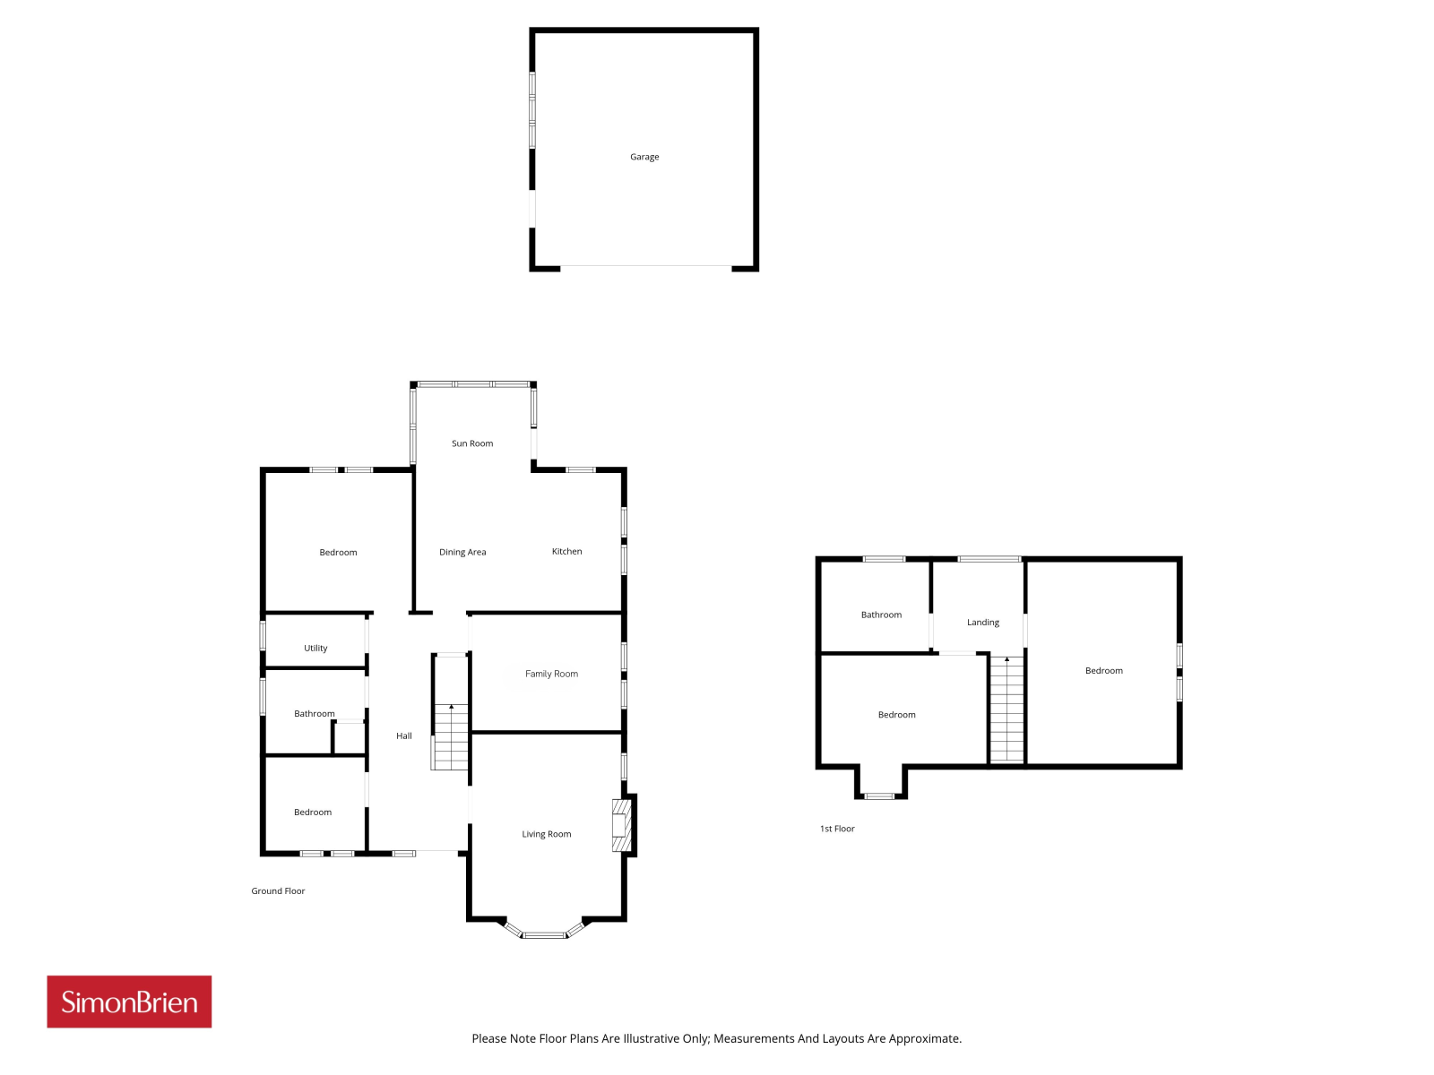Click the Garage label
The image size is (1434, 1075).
[644, 157]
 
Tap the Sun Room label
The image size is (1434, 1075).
[472, 443]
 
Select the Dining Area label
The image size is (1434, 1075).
[462, 552]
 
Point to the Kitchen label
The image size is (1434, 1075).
[567, 552]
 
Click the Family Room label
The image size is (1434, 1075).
[551, 674]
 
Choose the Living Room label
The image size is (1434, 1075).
[546, 834]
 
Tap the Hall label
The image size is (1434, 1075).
[403, 735]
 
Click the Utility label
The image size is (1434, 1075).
[315, 648]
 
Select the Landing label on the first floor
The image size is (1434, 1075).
[983, 623]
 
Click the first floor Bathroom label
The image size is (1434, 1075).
[881, 615]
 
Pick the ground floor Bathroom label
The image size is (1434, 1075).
[315, 713]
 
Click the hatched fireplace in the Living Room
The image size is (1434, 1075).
[621, 826]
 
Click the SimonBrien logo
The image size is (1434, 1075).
[129, 1002]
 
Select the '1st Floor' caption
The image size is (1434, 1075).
[837, 829]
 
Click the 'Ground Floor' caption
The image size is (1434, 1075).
[279, 891]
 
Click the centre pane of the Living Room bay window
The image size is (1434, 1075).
[545, 935]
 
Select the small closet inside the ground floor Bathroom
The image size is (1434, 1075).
[350, 737]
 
